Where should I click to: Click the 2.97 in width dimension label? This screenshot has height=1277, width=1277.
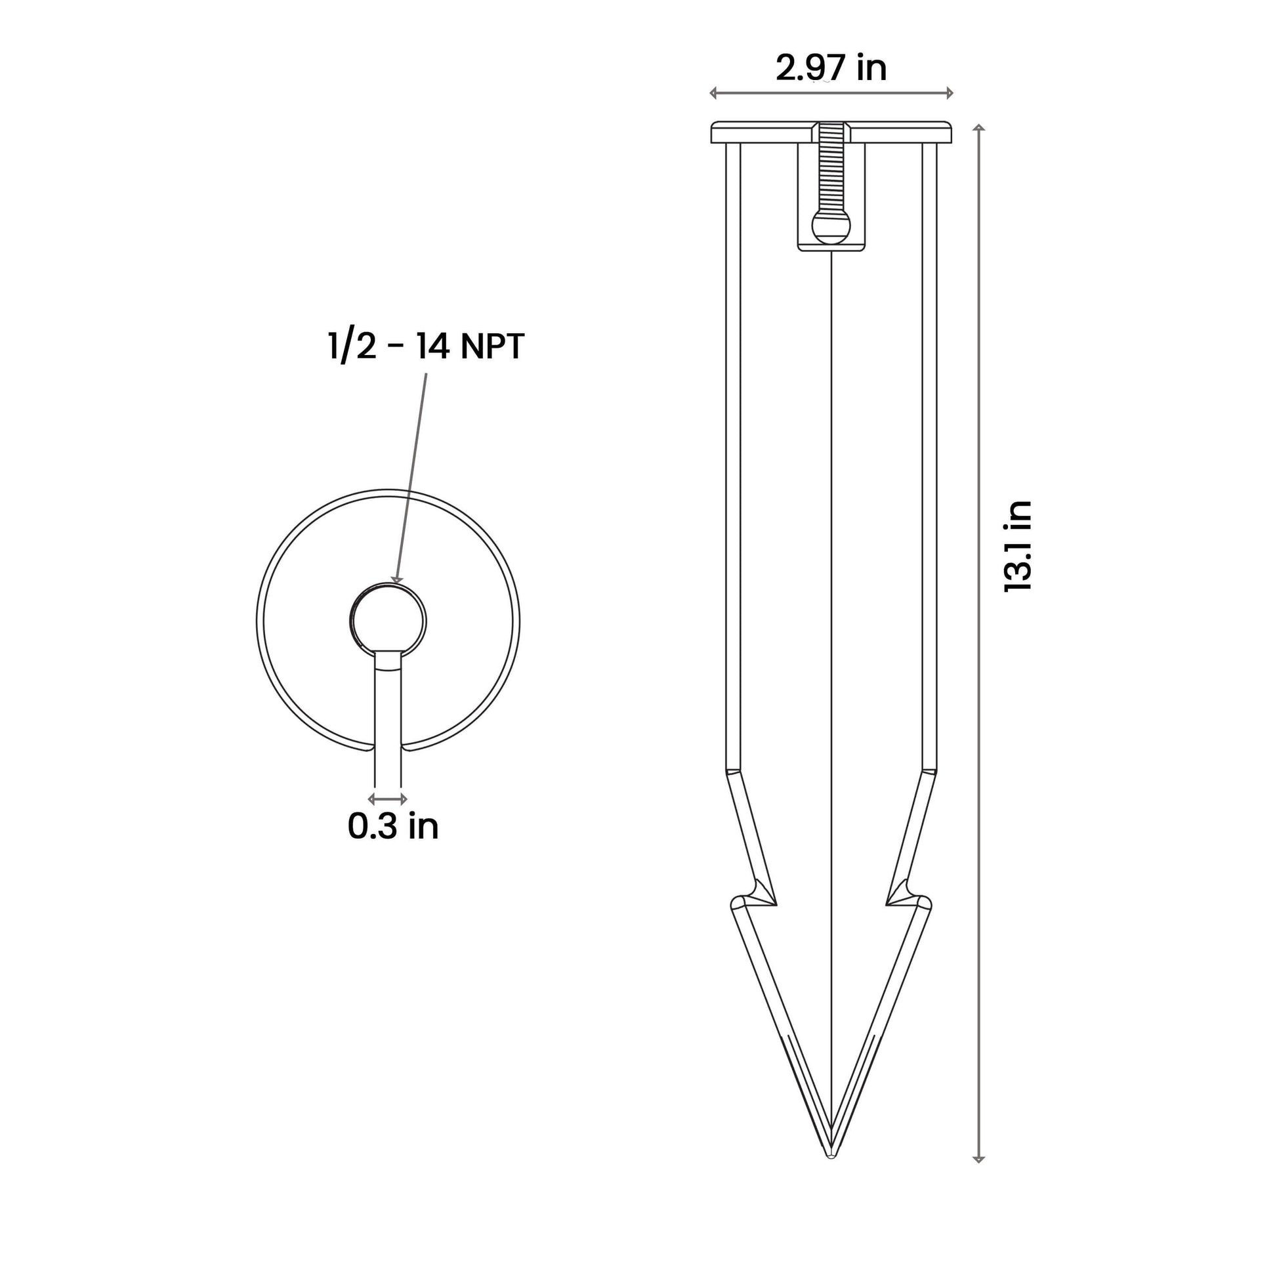click(x=831, y=68)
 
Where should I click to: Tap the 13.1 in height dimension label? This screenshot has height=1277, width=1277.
click(x=1017, y=546)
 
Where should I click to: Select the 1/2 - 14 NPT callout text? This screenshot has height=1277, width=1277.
click(x=427, y=346)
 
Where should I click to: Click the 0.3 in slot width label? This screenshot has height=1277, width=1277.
click(x=393, y=826)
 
